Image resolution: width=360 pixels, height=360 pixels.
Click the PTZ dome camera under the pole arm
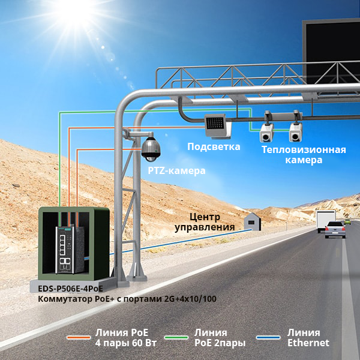tap(150, 149)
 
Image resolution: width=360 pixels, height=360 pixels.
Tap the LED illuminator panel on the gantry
tap(214, 124)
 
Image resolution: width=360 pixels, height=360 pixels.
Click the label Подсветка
tap(214, 147)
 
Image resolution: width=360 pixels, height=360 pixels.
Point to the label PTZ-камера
tap(176, 171)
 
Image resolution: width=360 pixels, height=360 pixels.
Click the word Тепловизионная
tap(304, 149)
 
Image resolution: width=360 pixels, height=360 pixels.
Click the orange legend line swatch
tap(77, 338)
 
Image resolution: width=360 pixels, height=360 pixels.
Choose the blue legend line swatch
tap(268, 338)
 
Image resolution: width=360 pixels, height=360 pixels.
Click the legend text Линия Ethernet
tap(308, 338)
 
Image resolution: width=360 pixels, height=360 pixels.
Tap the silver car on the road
tap(335, 229)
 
